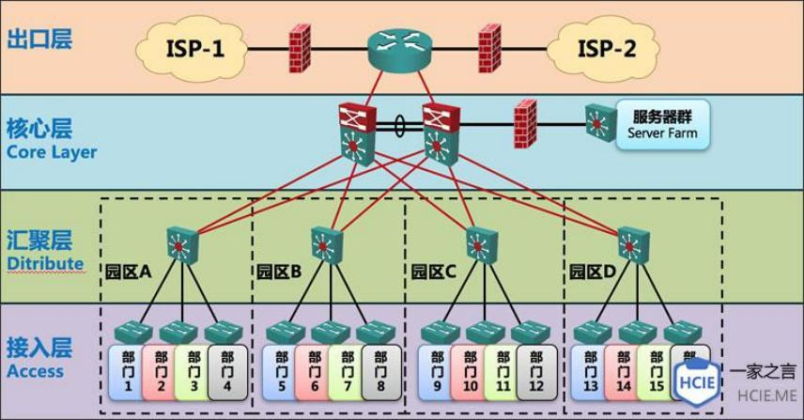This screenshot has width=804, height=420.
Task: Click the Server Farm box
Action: coord(659,124)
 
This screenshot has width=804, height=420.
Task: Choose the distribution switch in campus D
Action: coord(630,245)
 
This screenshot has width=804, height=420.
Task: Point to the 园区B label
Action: coord(279,272)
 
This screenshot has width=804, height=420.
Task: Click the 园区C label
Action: coord(433,272)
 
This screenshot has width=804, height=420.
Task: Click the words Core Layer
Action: coord(52,151)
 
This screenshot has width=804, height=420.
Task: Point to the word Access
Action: coord(35,370)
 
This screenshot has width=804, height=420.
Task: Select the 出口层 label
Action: coord(39,39)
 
